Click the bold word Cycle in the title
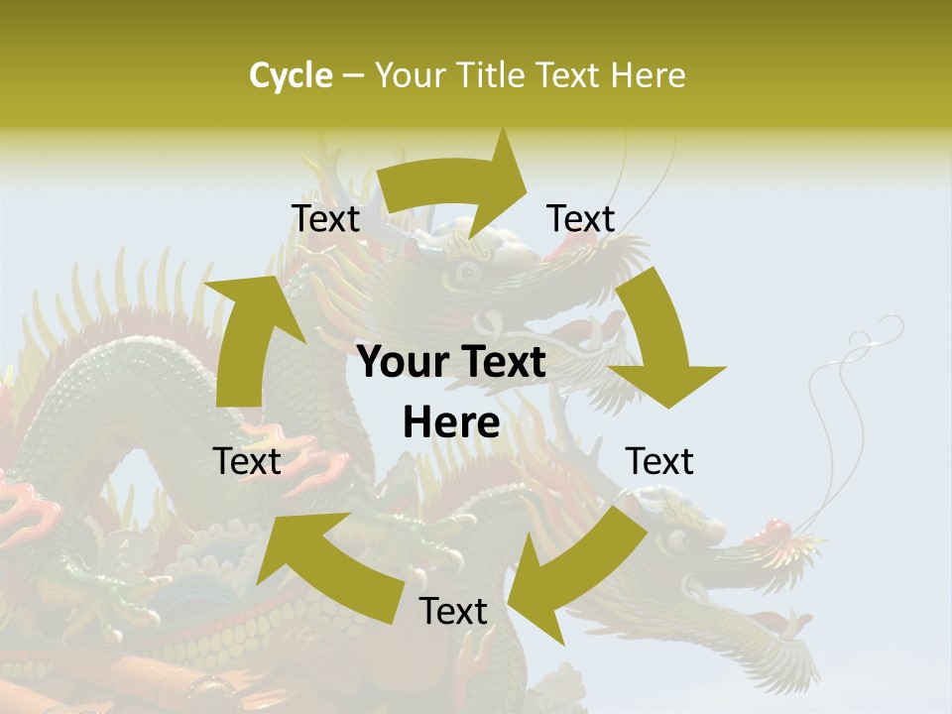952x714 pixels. point(291,75)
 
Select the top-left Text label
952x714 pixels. point(325,218)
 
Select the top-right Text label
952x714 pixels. point(581,218)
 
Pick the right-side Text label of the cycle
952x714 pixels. point(659,461)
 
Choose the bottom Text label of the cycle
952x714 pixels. point(453,611)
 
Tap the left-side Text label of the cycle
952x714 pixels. point(247,461)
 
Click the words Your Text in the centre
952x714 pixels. point(451,363)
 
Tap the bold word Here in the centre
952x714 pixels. point(451,423)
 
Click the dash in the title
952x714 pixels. point(354,76)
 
